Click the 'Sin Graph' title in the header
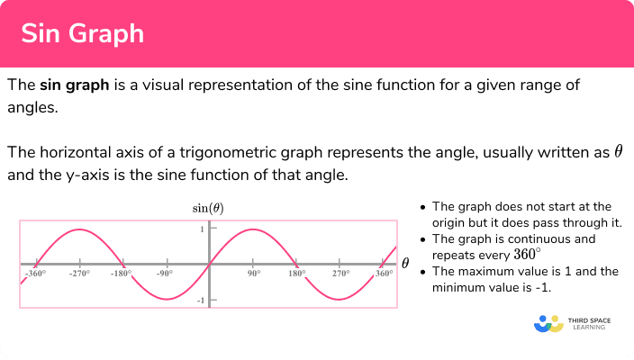pyautogui.click(x=83, y=33)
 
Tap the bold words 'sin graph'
pyautogui.click(x=75, y=85)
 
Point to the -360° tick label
pyautogui.click(x=36, y=274)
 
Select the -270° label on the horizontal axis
pyautogui.click(x=79, y=274)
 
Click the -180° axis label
pyautogui.click(x=122, y=274)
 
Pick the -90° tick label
pyautogui.click(x=165, y=274)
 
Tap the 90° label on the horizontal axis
pyautogui.click(x=254, y=274)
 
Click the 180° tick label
pyautogui.click(x=297, y=274)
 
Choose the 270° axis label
pyautogui.click(x=341, y=274)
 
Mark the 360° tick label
pyautogui.click(x=385, y=274)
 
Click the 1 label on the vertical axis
pyautogui.click(x=202, y=229)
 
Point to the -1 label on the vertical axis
pyautogui.click(x=201, y=301)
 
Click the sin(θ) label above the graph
pyautogui.click(x=208, y=209)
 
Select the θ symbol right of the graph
pyautogui.click(x=405, y=264)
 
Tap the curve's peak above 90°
pyautogui.click(x=253, y=229)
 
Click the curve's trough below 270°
pyautogui.click(x=340, y=300)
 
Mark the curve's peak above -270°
pyautogui.click(x=79, y=229)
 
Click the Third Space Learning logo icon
pyautogui.click(x=548, y=324)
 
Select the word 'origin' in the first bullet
pyautogui.click(x=448, y=223)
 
